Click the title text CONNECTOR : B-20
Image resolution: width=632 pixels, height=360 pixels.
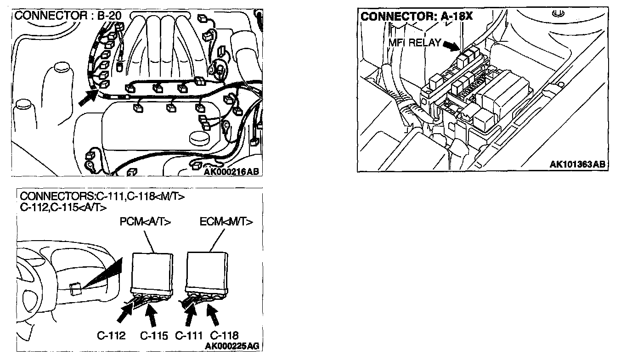[x=68, y=16]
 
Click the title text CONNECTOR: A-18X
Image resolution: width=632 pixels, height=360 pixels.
[x=417, y=16]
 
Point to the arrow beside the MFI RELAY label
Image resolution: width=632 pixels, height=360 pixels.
[x=451, y=45]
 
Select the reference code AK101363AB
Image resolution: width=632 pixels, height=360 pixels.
[x=577, y=164]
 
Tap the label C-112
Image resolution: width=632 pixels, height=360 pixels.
[x=112, y=336]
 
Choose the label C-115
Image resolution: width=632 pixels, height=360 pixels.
[x=154, y=336]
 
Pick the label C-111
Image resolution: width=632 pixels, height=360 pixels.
[x=189, y=336]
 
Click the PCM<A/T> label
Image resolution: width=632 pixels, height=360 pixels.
[x=145, y=222]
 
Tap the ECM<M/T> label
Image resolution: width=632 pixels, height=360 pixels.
[x=226, y=222]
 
